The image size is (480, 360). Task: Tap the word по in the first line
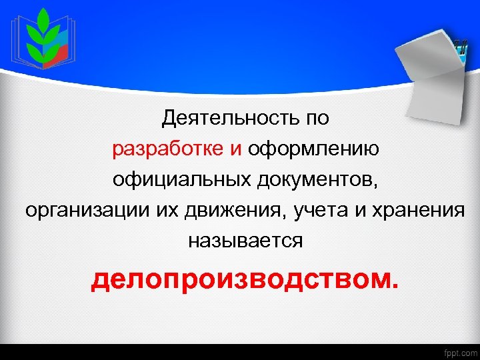pos(317,119)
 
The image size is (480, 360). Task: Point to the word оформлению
pos(314,149)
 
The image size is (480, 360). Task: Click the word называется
pos(245,241)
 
